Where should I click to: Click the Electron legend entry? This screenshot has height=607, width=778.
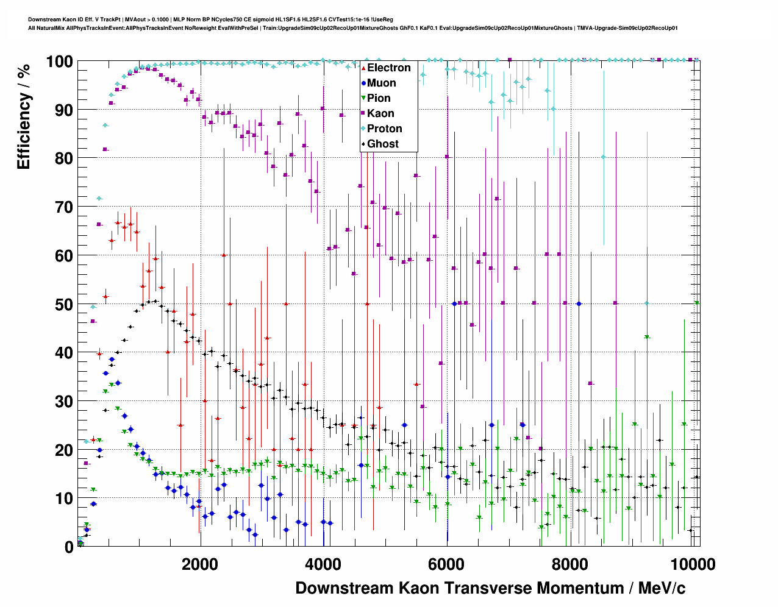(x=388, y=68)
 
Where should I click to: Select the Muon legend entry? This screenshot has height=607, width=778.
(x=381, y=83)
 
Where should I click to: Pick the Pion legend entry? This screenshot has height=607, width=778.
(x=379, y=98)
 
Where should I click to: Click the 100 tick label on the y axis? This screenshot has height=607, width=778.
(x=59, y=62)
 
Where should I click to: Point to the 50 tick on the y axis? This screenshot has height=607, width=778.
(x=64, y=304)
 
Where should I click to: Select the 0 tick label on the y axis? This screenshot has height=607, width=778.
(x=69, y=547)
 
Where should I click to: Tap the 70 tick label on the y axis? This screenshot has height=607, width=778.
(x=64, y=207)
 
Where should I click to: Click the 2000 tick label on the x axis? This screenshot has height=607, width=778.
(x=200, y=564)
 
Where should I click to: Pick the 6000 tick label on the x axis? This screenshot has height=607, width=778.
(x=447, y=564)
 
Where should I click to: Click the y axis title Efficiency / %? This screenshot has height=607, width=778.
(x=24, y=116)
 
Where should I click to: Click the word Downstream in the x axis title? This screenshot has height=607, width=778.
(x=344, y=588)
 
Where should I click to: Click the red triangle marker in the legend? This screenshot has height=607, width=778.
(x=363, y=68)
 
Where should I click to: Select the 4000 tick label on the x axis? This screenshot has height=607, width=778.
(x=323, y=564)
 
